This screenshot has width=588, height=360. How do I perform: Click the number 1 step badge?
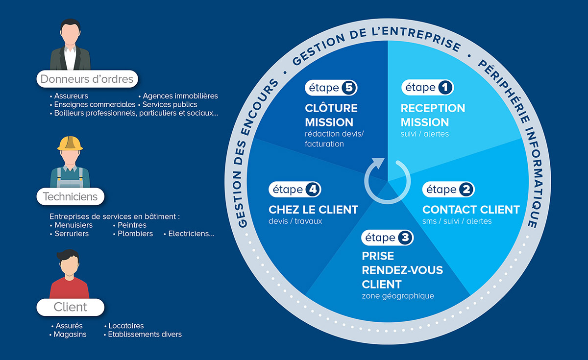444,88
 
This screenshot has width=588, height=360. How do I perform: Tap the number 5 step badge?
348,88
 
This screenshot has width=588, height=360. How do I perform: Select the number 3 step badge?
405,238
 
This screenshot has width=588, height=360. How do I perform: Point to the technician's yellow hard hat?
70,143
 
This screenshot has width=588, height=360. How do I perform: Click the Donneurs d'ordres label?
87,79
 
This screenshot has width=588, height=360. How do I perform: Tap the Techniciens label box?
70,197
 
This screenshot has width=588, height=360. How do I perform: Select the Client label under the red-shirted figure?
70,307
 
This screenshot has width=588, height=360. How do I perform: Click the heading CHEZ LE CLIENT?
313,210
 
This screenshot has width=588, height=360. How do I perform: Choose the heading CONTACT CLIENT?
471,210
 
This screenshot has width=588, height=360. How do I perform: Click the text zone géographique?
398,296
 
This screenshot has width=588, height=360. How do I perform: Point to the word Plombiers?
135,234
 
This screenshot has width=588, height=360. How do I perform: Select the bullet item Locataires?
126,326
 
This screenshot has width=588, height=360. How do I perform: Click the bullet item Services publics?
170,104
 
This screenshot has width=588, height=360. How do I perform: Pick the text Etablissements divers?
145,335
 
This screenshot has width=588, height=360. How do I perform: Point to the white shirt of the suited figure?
70,58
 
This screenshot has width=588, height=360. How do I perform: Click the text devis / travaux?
295,221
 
